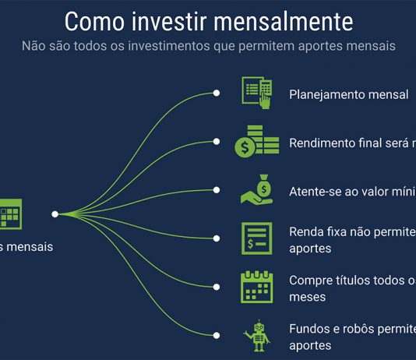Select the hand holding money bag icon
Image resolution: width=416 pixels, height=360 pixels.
[x=256, y=189]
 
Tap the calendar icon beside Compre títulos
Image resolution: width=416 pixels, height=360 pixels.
[x=256, y=286]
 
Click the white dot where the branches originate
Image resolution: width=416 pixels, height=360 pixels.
[x=55, y=214]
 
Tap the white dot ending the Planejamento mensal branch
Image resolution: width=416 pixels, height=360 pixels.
[x=217, y=94]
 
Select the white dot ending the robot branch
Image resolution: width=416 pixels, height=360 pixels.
[x=217, y=334]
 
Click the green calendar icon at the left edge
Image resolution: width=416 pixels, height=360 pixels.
[x=11, y=213]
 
